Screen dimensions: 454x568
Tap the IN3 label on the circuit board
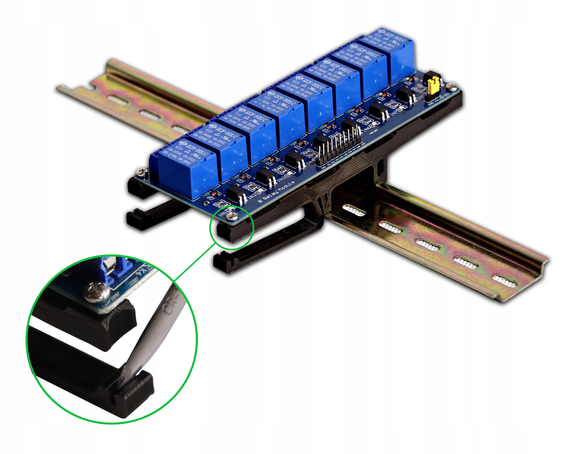coord(282,179)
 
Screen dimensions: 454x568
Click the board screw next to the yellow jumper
coord(452,85)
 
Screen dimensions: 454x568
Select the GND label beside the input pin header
coord(323,167)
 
